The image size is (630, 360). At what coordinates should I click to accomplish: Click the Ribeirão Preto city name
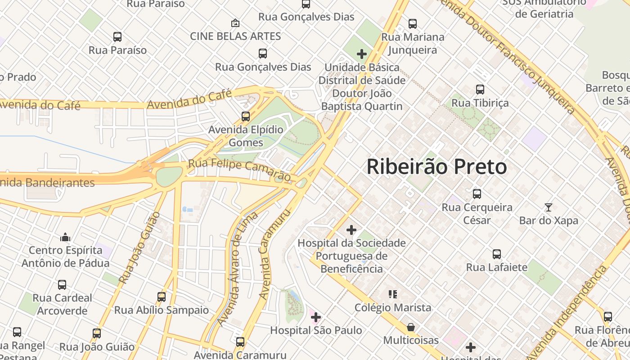tap(436, 167)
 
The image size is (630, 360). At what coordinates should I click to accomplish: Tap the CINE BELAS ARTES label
tap(235, 36)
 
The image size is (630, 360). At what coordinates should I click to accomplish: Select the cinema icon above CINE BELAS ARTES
tap(235, 22)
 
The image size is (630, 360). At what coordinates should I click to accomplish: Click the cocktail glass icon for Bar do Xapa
tap(548, 207)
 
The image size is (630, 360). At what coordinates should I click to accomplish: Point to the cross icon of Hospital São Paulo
tap(316, 317)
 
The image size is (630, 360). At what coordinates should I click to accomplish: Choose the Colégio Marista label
tap(393, 308)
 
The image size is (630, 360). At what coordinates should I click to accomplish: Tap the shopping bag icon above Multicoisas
tap(410, 327)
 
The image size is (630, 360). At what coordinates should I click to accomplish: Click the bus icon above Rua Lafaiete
tap(496, 254)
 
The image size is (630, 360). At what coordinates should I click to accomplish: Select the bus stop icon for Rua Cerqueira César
tap(477, 194)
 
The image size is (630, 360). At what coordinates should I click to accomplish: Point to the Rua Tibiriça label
tap(480, 103)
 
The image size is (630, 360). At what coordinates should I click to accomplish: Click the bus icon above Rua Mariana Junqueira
tap(412, 24)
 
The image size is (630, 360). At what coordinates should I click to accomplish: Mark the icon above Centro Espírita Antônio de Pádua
tap(65, 237)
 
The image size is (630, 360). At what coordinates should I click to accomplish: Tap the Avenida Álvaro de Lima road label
tap(237, 269)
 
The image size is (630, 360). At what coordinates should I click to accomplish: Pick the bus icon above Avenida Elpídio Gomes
tap(246, 117)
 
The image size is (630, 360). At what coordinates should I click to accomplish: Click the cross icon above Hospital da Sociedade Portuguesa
tap(351, 230)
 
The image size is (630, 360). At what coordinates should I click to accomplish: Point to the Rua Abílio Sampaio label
tap(162, 310)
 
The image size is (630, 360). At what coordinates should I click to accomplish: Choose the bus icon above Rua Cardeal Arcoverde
tap(62, 284)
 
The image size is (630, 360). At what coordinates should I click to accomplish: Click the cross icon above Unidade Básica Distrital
tap(361, 54)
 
